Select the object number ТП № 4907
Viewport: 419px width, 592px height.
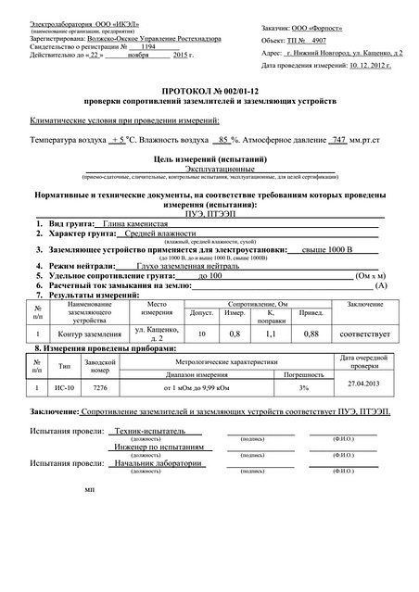pos(313,42)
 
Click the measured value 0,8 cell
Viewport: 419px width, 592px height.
pos(234,333)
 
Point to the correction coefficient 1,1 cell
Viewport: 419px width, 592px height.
pos(271,333)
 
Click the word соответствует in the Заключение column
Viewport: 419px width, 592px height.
pos(362,333)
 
